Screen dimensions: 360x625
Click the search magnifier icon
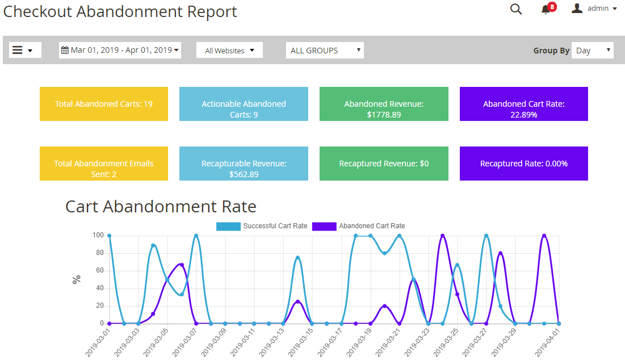click(515, 9)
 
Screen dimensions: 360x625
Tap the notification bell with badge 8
click(546, 9)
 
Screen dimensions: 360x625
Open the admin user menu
click(594, 9)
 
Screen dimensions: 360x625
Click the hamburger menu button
click(24, 50)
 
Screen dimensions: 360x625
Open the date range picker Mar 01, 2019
click(120, 50)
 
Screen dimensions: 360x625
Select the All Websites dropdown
click(229, 51)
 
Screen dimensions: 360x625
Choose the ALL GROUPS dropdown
click(325, 51)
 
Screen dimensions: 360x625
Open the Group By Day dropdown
click(592, 51)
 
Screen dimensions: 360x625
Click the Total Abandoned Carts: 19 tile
click(104, 104)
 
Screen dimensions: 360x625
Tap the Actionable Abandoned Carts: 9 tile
click(244, 104)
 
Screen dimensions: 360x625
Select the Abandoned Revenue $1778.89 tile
click(384, 104)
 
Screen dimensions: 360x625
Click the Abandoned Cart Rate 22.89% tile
click(523, 104)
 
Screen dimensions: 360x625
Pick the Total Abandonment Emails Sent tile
click(104, 164)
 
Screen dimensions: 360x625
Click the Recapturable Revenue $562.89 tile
click(244, 164)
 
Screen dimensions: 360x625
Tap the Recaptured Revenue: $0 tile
click(384, 164)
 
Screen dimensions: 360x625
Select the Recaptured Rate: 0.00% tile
click(523, 164)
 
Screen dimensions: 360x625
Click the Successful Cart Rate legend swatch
click(228, 226)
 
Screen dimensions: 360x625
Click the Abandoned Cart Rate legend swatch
click(324, 226)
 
